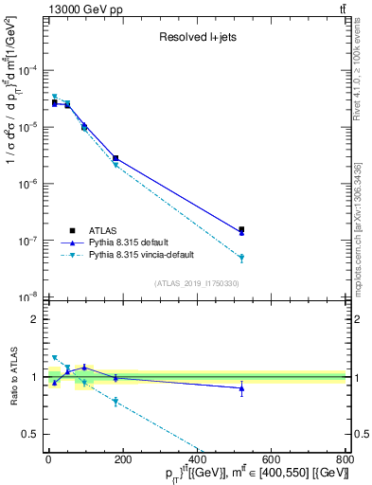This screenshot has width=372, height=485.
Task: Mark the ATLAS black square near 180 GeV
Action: coord(115,158)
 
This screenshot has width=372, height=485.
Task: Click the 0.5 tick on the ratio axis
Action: coord(31,434)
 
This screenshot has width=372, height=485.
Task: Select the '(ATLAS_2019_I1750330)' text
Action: coord(196,283)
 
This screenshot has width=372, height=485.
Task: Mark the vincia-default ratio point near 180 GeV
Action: coord(115,402)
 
